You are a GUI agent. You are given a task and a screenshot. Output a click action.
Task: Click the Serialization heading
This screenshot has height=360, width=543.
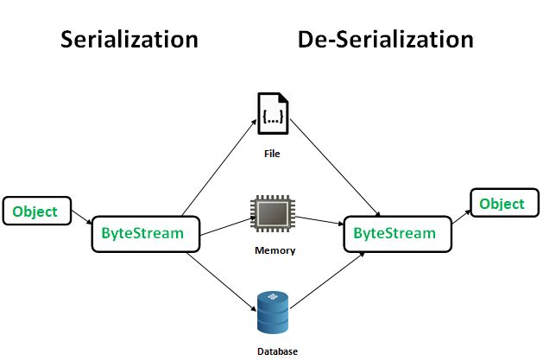(x=129, y=40)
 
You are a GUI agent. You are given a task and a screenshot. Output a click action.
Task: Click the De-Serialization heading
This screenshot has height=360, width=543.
(x=386, y=40)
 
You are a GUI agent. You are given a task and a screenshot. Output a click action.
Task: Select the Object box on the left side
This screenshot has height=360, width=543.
(x=35, y=212)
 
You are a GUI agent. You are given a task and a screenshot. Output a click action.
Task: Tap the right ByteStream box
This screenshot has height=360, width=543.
(x=395, y=234)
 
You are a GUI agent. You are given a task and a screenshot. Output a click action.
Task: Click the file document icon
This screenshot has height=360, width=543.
(x=273, y=114)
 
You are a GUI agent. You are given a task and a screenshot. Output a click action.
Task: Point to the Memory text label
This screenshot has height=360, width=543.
(x=275, y=251)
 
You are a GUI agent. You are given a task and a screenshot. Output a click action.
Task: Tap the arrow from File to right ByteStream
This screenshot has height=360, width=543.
(x=337, y=174)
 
